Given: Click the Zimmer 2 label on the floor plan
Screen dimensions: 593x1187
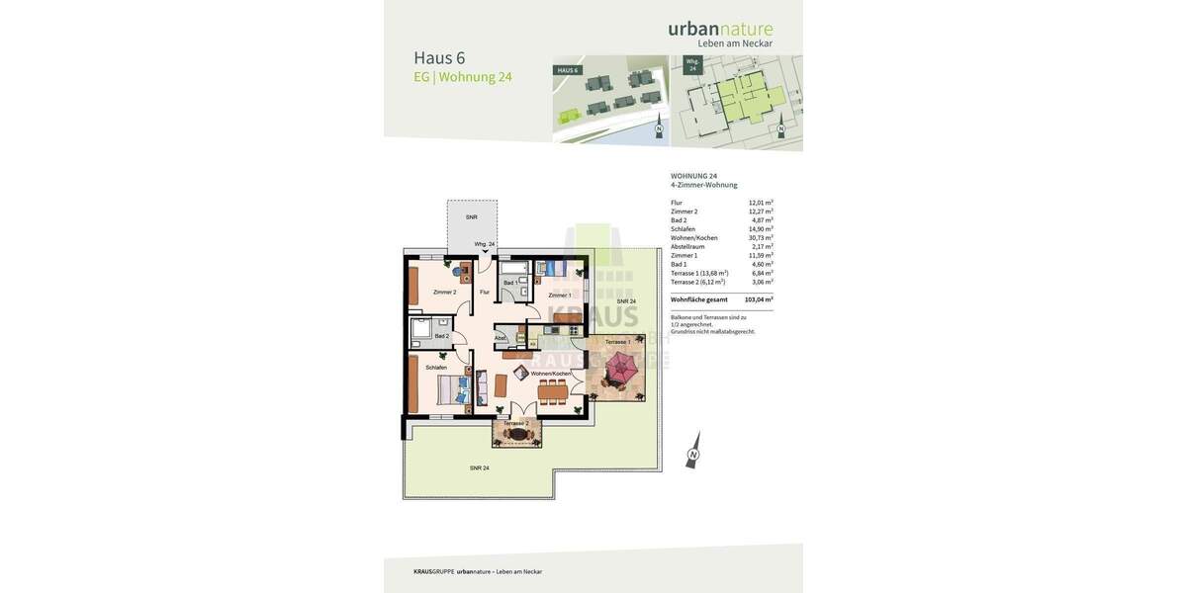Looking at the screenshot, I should (444, 293).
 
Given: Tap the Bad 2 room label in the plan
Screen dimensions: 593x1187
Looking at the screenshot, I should (441, 336).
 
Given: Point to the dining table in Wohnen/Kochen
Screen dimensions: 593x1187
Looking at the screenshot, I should (553, 390).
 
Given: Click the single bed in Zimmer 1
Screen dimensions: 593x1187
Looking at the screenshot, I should (550, 268).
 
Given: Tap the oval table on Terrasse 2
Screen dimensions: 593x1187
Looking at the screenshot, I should (517, 434).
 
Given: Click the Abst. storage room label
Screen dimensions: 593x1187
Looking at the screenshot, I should (501, 338).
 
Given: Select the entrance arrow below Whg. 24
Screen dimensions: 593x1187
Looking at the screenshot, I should (485, 253).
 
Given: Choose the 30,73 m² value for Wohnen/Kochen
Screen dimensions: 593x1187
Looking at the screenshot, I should (761, 238).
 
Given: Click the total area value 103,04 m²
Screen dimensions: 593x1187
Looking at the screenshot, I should (759, 299).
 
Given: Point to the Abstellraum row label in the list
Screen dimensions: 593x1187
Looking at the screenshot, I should (687, 247).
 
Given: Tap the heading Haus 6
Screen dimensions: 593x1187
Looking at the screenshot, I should (439, 58).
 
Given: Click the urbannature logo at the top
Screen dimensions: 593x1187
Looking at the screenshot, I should (720, 31).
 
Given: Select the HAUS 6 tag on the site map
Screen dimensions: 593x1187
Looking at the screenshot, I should (567, 71).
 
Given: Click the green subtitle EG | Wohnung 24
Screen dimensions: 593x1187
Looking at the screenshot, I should (463, 77).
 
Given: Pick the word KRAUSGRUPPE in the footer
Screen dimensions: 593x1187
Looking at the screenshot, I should (433, 571).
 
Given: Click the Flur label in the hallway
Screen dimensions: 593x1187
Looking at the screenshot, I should (485, 293).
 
